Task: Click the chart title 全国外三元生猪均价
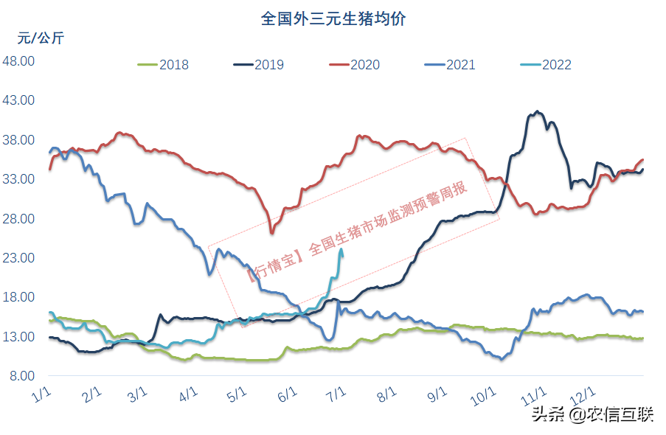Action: pos(333,18)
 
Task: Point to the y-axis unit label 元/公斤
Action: pos(41,38)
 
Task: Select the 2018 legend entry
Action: pos(164,65)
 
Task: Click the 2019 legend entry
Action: pos(259,65)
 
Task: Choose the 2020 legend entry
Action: pos(355,65)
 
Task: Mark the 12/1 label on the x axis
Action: pos(584,396)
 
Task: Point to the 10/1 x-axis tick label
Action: pos(484,396)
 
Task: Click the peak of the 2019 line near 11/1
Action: pos(537,111)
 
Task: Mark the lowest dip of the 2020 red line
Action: pos(271,233)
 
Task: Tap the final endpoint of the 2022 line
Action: pos(341,249)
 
